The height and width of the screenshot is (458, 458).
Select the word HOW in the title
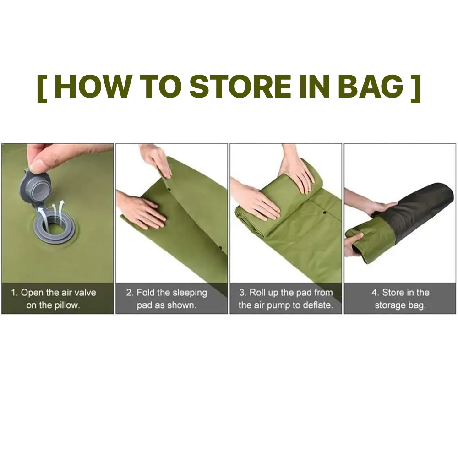tap(93, 87)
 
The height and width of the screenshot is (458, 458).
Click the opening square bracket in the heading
tap(42, 88)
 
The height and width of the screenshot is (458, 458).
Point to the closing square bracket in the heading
tap(416, 88)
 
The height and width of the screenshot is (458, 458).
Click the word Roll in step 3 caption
tap(257, 292)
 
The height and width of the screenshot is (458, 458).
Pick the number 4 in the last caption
tap(375, 292)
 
